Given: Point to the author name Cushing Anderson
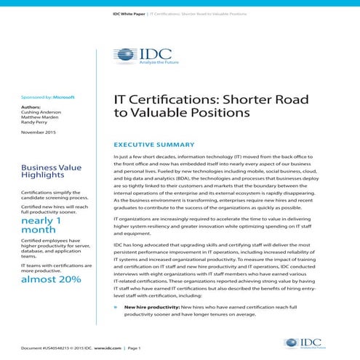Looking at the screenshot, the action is [x=42, y=113].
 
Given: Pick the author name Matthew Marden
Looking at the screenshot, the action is [x=40, y=118].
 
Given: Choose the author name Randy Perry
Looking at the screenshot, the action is [x=36, y=124].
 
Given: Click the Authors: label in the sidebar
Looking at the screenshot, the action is [x=32, y=107].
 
